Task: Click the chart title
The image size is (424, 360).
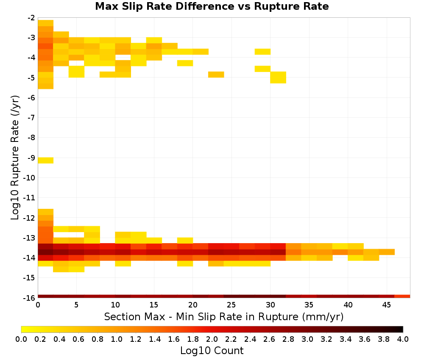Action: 212,6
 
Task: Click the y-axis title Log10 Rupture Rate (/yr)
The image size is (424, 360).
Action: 15,158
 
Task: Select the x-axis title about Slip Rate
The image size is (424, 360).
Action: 223,316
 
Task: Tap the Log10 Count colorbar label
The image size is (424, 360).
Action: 212,351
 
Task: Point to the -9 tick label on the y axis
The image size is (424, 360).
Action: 31,158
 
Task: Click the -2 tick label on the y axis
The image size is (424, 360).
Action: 31,18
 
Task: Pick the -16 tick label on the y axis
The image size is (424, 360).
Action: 30,298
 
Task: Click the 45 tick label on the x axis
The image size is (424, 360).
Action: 386,305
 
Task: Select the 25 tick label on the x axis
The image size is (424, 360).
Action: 231,305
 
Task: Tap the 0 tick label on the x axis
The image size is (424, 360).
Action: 38,305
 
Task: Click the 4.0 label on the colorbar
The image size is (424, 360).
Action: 403,339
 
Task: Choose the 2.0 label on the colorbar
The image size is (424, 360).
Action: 212,339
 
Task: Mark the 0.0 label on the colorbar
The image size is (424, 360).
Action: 21,339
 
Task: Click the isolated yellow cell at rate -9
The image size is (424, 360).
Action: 46,161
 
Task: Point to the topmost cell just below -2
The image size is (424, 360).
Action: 46,23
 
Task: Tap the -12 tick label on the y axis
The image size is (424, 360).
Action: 30,218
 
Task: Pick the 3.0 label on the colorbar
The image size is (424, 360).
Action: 307,339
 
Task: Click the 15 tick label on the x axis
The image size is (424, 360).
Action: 154,305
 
